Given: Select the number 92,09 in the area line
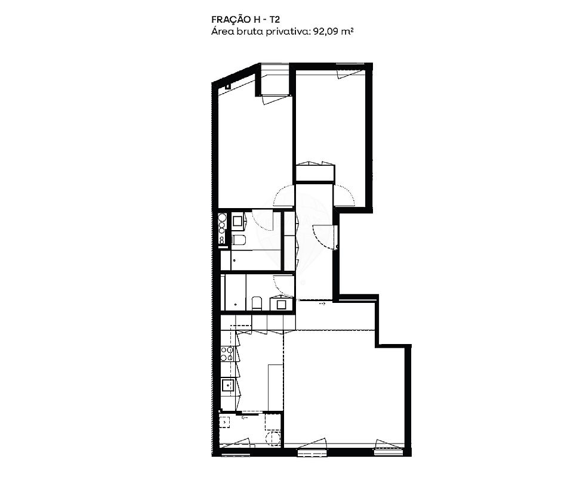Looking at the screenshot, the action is click(323, 32).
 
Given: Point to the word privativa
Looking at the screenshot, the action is click(288, 32).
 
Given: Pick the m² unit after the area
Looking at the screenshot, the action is click(346, 31).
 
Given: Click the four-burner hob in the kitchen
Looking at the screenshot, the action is click(227, 354).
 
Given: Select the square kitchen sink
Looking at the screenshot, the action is click(227, 385).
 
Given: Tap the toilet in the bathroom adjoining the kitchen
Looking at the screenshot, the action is click(257, 302).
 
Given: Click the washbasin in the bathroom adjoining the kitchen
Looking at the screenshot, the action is click(280, 304).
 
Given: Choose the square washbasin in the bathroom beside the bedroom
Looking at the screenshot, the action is click(238, 221).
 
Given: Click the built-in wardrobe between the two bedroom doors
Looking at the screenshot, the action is click(314, 173).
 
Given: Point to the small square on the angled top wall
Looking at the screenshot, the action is click(228, 86).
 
